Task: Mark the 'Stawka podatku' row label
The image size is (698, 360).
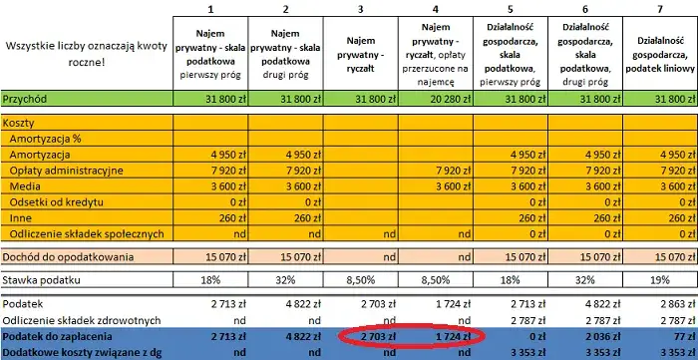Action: (44, 280)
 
